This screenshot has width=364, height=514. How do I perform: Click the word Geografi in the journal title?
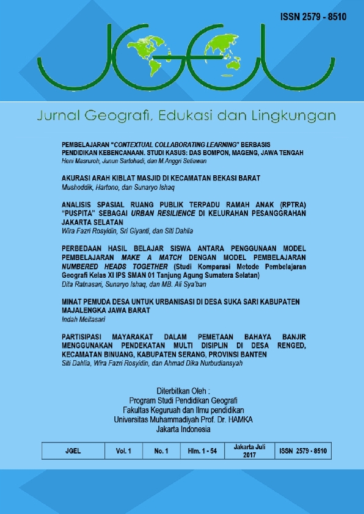(x=116, y=115)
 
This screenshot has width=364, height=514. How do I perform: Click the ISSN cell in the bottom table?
(x=303, y=451)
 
